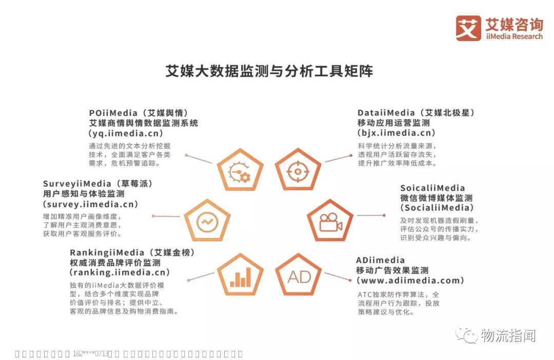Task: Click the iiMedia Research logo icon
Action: coord(468,28)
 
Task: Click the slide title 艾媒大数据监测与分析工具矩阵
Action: coord(269,71)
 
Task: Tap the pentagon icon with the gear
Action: coord(240,170)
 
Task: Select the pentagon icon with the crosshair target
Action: coord(298,170)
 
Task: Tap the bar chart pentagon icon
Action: coord(240,276)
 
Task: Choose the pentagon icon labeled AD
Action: coord(299,276)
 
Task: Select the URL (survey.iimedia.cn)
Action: coord(91,204)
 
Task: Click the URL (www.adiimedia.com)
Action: coord(410,281)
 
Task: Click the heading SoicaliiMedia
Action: coord(432,188)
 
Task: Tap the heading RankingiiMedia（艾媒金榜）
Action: coord(132,252)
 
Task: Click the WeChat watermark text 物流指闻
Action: coord(508,336)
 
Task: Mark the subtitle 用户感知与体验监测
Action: coord(84,194)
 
